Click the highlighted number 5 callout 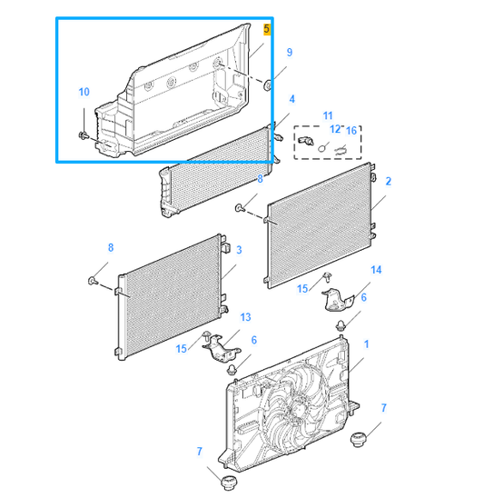266,29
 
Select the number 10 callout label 84,92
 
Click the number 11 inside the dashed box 328,115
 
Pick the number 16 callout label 351,129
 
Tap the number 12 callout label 334,129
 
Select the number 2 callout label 388,182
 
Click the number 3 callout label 238,250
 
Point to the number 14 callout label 377,271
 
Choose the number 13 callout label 244,316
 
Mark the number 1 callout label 366,345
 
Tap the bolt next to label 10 84,135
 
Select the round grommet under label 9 267,85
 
